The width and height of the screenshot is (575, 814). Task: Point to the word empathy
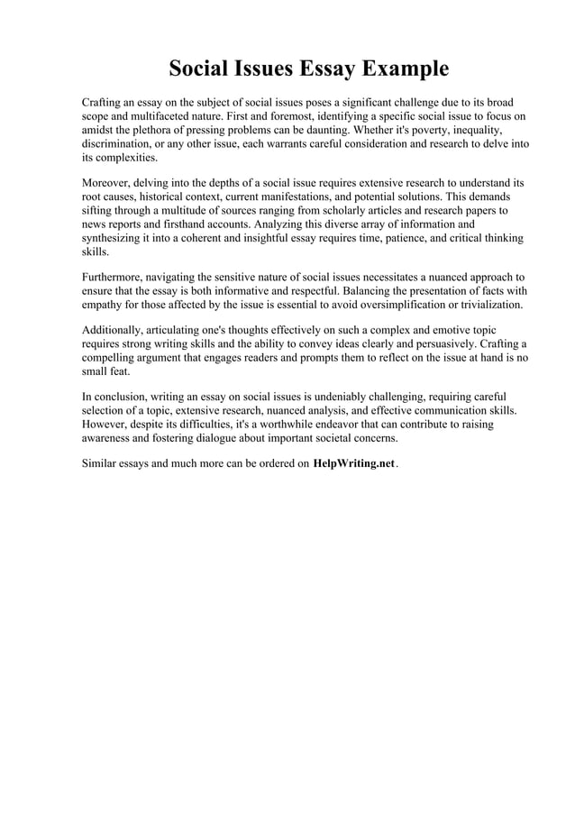pos(105,306)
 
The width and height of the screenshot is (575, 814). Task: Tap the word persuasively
pos(437,344)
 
